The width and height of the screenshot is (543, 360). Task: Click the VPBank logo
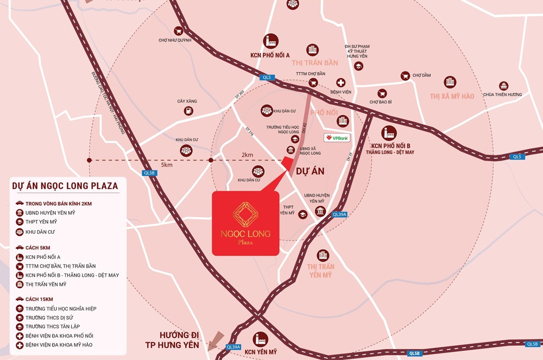(337, 137)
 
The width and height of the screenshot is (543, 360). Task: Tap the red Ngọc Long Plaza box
(245, 223)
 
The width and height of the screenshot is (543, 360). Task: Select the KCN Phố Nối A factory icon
(270, 41)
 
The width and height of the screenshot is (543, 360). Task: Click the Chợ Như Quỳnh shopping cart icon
(178, 31)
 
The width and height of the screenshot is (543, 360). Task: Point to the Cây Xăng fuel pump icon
(188, 111)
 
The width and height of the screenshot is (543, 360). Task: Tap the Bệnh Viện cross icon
(340, 83)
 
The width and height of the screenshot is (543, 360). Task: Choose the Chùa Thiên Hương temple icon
(503, 85)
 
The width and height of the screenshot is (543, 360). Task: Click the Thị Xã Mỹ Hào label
(452, 96)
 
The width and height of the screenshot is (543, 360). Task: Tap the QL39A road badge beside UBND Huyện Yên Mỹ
(339, 214)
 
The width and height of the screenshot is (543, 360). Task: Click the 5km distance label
(167, 165)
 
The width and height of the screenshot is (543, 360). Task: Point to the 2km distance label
(247, 155)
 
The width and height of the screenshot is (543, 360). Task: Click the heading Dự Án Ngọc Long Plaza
(65, 186)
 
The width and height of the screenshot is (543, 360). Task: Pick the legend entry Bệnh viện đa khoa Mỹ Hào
(59, 345)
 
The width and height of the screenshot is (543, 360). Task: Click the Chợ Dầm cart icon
(405, 76)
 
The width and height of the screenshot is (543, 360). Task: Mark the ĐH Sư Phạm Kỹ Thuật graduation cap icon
(358, 66)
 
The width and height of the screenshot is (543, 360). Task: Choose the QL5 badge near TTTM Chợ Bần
(266, 78)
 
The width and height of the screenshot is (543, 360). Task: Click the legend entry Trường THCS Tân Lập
(53, 326)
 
